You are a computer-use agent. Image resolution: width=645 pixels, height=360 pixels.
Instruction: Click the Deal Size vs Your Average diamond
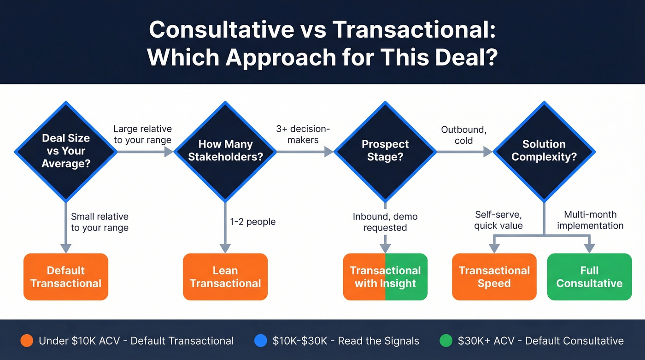click(x=66, y=151)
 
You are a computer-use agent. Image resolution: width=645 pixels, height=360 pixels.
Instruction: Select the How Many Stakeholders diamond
click(x=225, y=151)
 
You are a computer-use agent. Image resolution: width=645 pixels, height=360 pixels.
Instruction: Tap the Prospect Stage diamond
click(x=385, y=151)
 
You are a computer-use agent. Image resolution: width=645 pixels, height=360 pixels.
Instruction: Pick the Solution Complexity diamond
click(x=544, y=151)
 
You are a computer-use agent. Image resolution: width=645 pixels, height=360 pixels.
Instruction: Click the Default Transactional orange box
click(x=66, y=277)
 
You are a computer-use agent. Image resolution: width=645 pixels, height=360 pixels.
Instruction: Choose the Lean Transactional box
click(x=225, y=277)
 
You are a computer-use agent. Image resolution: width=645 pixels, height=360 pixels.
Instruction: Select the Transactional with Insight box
click(x=385, y=277)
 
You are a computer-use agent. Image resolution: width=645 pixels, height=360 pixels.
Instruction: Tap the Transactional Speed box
click(x=494, y=277)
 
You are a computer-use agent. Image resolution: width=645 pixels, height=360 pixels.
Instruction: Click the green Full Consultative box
click(x=589, y=277)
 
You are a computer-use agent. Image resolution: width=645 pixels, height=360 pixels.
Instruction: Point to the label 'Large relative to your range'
click(x=142, y=134)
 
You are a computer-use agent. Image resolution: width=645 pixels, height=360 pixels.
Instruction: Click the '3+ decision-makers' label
click(x=303, y=134)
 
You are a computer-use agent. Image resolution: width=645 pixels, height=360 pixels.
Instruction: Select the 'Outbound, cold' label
click(x=463, y=135)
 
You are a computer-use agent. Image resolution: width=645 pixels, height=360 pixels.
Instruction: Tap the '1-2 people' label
click(x=253, y=222)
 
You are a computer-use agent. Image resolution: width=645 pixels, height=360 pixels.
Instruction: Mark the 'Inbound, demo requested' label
click(x=385, y=222)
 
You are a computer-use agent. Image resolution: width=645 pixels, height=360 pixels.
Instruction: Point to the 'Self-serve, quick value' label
click(x=498, y=220)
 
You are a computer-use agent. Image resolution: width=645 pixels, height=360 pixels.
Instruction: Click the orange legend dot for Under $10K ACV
click(x=27, y=341)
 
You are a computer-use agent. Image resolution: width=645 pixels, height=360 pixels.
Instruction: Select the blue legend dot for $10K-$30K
click(x=261, y=341)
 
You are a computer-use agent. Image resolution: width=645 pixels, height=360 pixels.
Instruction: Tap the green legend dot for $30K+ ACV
click(x=446, y=341)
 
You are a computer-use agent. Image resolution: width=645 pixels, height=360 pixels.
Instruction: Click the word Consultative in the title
click(x=221, y=30)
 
